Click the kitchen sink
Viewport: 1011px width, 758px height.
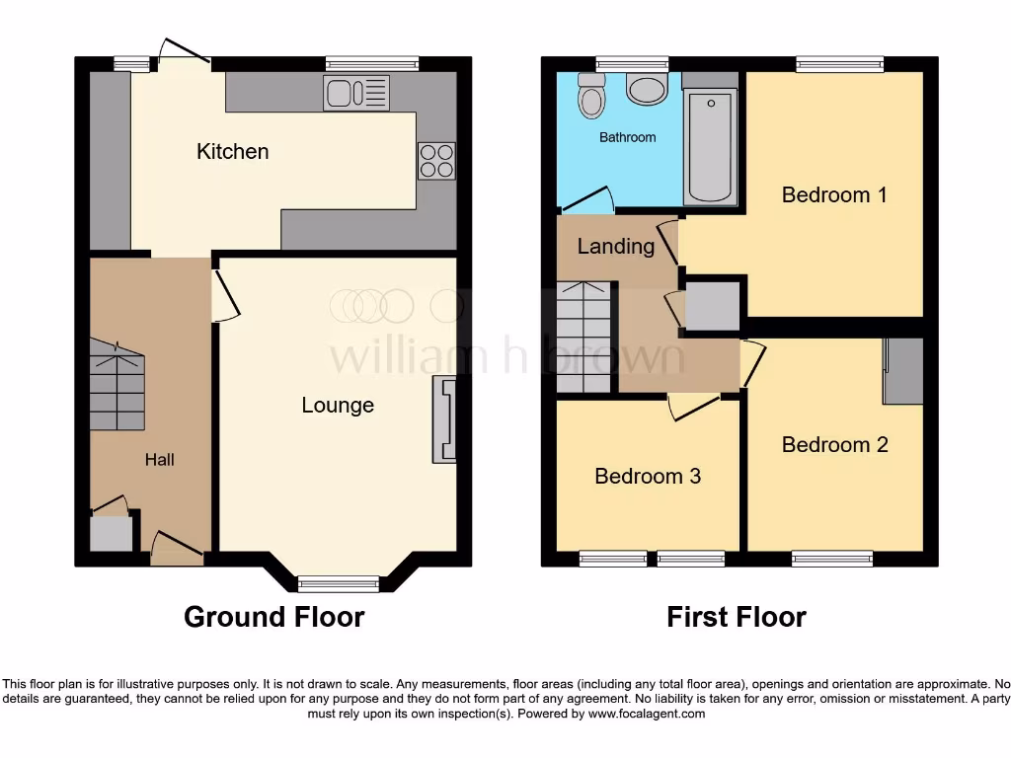pos(355,93)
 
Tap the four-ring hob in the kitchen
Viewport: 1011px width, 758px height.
pos(437,161)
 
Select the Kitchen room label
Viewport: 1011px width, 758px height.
pos(232,151)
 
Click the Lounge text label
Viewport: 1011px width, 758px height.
pos(338,405)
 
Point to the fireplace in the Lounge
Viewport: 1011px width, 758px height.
pos(445,420)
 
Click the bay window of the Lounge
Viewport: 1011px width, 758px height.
pos(339,582)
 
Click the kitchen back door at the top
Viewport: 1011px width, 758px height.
pos(183,52)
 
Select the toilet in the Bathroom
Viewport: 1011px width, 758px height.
pos(591,96)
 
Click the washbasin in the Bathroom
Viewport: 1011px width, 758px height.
pos(647,90)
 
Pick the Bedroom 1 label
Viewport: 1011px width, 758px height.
pos(834,194)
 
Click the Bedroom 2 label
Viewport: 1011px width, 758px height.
pos(834,444)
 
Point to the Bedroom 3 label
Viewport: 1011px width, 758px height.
pos(648,476)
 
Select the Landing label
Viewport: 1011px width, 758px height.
pos(615,246)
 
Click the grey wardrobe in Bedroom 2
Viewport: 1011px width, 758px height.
pos(903,370)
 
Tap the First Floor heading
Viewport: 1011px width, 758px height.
pos(736,617)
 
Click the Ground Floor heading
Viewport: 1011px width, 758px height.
pos(273,617)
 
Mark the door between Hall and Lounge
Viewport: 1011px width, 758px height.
pos(224,296)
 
